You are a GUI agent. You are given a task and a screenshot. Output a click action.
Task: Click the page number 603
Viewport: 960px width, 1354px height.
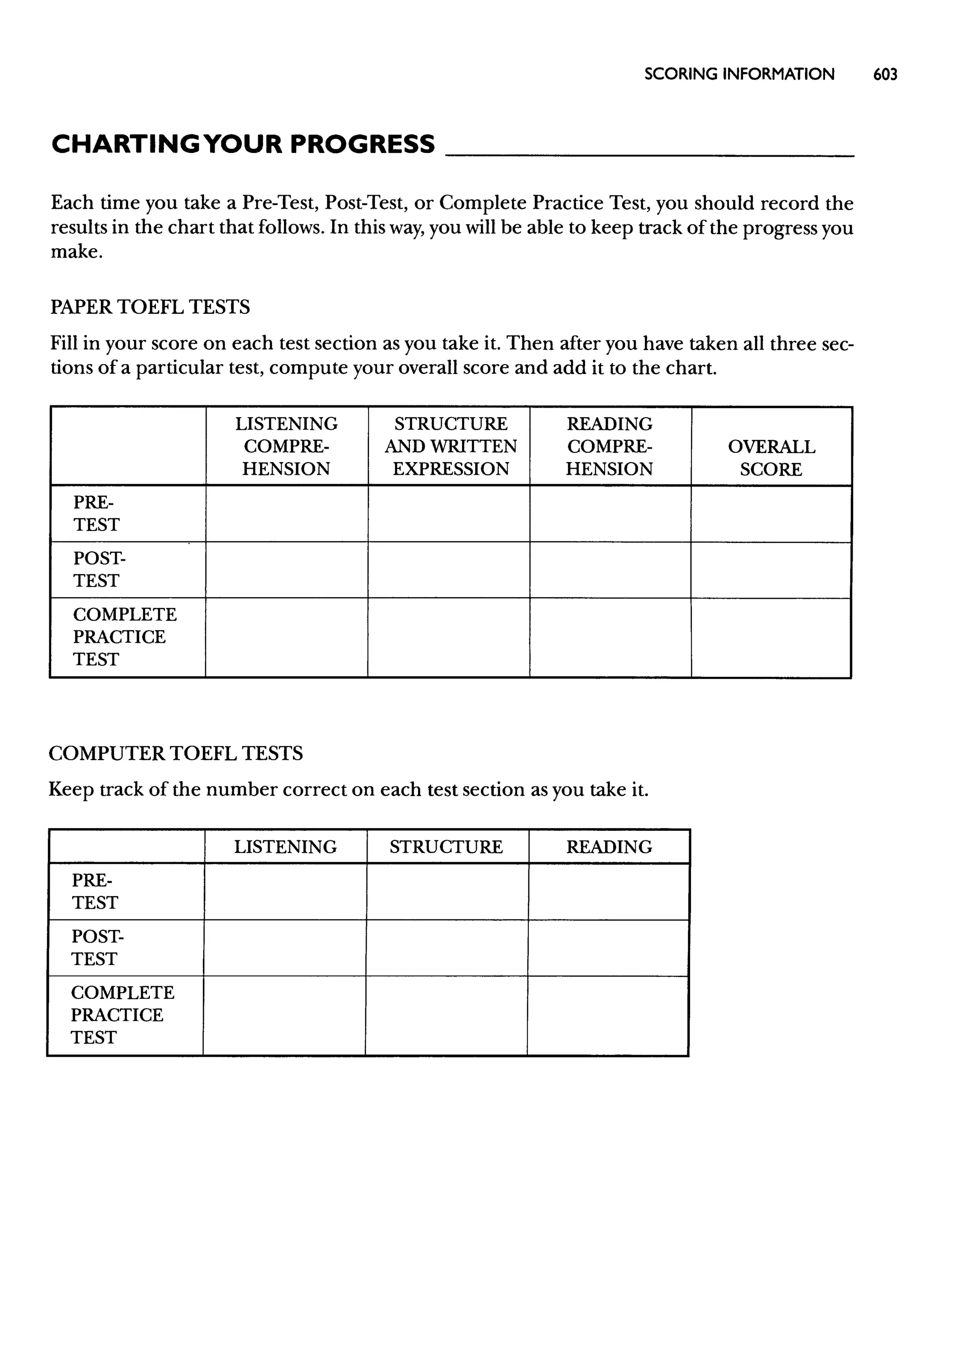(885, 75)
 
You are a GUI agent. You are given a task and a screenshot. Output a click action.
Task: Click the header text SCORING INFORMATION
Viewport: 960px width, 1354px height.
(739, 75)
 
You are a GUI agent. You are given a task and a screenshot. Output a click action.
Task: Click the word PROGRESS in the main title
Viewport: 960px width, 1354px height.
(362, 145)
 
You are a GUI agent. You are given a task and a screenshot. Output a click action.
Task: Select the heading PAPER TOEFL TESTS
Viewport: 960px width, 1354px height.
(150, 307)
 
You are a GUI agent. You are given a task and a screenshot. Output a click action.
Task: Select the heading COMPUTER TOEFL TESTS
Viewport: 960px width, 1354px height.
(176, 753)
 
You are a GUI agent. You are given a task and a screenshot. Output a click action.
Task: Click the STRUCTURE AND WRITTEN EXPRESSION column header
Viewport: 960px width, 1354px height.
(450, 447)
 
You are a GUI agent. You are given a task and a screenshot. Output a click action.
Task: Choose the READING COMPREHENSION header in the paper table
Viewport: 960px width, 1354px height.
(609, 447)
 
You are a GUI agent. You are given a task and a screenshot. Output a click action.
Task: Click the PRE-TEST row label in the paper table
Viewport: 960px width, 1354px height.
(96, 513)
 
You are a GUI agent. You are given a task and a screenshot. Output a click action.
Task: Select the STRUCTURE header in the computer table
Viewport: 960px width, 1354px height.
(446, 847)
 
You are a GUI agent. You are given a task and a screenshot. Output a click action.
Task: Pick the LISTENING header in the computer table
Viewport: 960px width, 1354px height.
(285, 847)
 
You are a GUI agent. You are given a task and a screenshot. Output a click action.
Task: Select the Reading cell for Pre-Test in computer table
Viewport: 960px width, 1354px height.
(609, 891)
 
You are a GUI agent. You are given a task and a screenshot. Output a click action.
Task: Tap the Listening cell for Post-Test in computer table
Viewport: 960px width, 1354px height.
(285, 948)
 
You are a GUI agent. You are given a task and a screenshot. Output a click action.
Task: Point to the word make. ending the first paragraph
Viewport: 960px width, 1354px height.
(77, 251)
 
